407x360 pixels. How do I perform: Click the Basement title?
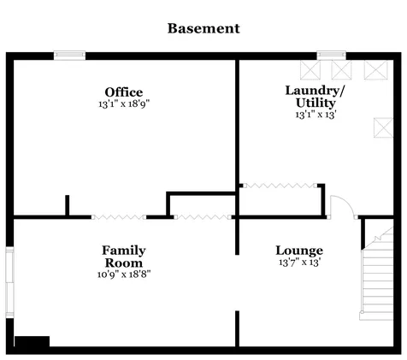[203, 28]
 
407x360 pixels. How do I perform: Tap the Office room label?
[124, 92]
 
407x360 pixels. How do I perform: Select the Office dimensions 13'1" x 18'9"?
[124, 103]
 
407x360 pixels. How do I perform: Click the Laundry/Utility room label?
[315, 97]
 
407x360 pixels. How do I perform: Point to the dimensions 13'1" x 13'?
[316, 115]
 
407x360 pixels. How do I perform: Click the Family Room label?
[124, 257]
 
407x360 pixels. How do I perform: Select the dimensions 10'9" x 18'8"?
[124, 274]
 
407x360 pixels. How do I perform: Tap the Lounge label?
[299, 251]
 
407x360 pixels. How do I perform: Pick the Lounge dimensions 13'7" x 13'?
[300, 263]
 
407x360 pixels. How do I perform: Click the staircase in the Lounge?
[377, 274]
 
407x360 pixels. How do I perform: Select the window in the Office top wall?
[69, 56]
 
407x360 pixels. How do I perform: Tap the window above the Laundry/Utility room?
[332, 56]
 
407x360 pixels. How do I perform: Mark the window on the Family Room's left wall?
[9, 282]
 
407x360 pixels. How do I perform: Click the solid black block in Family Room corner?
[32, 341]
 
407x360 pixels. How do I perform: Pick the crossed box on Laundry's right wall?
[384, 127]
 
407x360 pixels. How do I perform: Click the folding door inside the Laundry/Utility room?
[280, 186]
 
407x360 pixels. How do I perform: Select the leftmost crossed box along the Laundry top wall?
[310, 70]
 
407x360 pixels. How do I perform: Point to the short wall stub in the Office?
[68, 205]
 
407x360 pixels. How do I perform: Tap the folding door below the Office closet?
[203, 217]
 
